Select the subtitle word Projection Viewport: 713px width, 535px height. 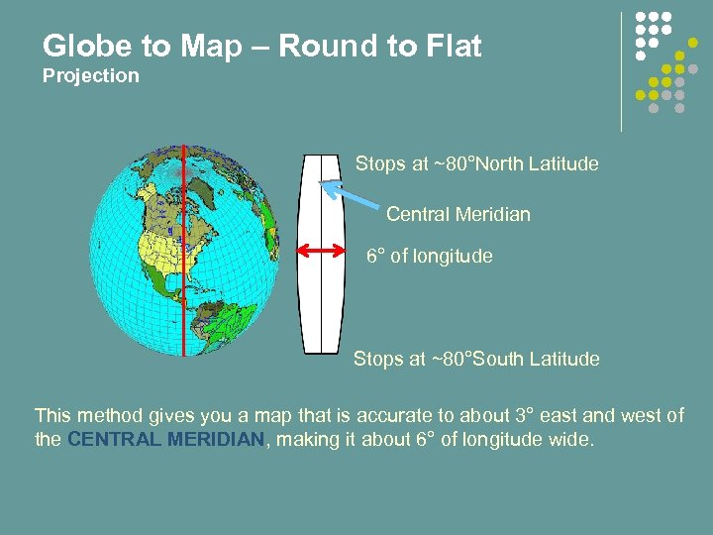pyautogui.click(x=91, y=76)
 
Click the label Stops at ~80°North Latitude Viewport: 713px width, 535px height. pyautogui.click(x=476, y=163)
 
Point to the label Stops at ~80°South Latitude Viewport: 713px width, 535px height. pyautogui.click(x=476, y=359)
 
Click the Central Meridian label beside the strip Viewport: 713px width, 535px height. pyautogui.click(x=458, y=214)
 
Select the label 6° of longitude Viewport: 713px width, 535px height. pyautogui.click(x=429, y=256)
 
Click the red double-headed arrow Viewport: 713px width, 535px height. pyautogui.click(x=320, y=253)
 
